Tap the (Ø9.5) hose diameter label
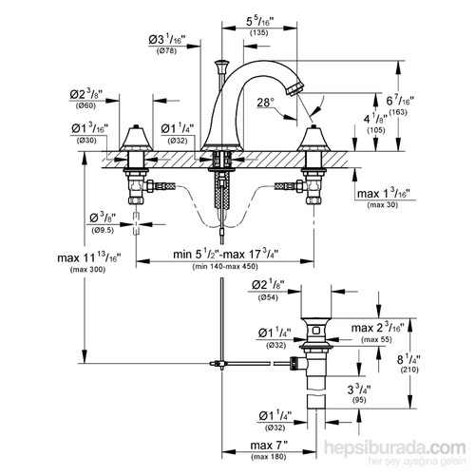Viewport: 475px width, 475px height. point(104,230)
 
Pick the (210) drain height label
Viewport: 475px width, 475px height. point(436,370)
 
